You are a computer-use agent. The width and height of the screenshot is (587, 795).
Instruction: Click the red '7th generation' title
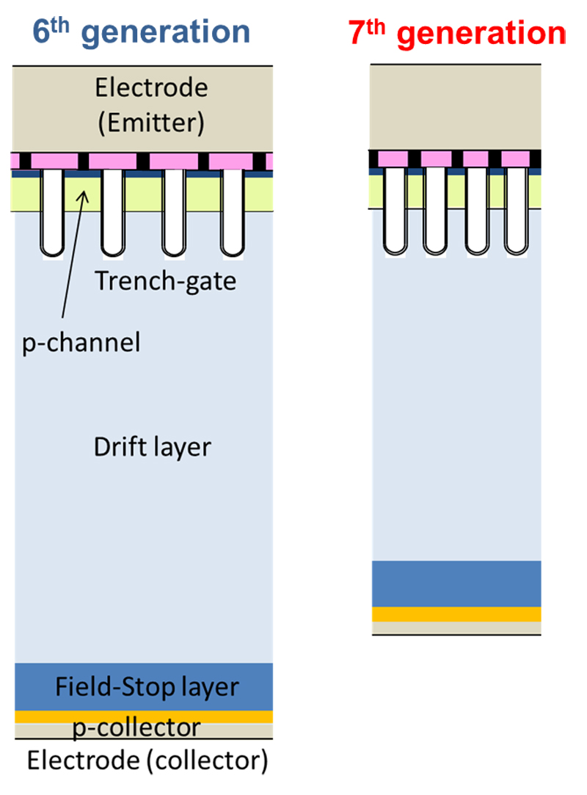click(x=457, y=33)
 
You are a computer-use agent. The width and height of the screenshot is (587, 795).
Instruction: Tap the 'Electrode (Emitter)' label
click(x=151, y=106)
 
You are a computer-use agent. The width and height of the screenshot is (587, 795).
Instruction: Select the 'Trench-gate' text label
click(x=166, y=280)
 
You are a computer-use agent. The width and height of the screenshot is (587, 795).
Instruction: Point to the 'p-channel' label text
click(x=81, y=342)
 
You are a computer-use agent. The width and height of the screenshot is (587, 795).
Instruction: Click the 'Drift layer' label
click(x=152, y=447)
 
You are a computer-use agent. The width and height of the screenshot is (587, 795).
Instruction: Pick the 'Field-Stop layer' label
click(x=147, y=687)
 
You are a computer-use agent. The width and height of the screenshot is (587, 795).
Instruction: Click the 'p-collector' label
click(x=137, y=727)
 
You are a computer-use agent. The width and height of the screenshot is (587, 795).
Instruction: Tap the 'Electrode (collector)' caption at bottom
click(x=147, y=761)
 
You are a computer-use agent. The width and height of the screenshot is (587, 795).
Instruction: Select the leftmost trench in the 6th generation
click(x=54, y=213)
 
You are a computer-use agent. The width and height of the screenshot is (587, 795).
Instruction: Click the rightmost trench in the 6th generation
click(x=232, y=213)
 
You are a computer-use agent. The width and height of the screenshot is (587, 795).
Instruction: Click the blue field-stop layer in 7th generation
click(x=456, y=584)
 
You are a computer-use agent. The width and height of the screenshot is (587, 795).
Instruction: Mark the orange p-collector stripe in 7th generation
click(x=456, y=614)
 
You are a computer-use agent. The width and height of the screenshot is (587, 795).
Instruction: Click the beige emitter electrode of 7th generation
click(x=456, y=106)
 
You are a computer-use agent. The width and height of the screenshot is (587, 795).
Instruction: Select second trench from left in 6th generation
click(x=113, y=213)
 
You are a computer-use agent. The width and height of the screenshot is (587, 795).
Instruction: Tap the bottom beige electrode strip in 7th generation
click(x=456, y=628)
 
